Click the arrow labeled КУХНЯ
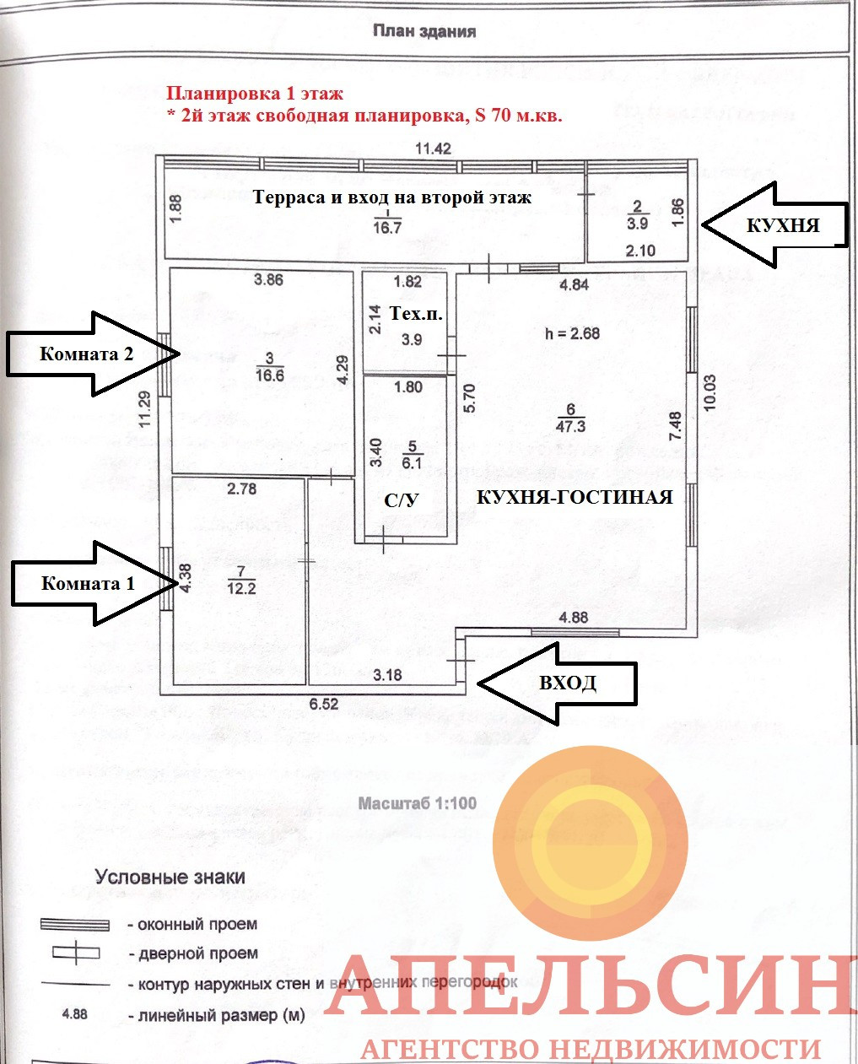(x=773, y=225)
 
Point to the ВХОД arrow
(x=558, y=683)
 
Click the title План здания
(x=425, y=31)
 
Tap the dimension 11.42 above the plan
(x=433, y=149)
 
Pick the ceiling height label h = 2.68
(x=573, y=333)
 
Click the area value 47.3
(x=570, y=427)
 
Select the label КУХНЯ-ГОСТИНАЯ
(x=575, y=497)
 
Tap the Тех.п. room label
(x=416, y=314)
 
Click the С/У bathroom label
(x=402, y=500)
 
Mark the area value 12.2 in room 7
(x=241, y=588)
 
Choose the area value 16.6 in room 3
(x=270, y=376)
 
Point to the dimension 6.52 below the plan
(x=323, y=704)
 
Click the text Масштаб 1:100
(x=418, y=803)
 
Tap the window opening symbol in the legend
(x=75, y=925)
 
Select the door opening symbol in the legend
(x=75, y=953)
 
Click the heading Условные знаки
(x=170, y=878)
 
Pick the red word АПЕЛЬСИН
(x=591, y=986)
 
